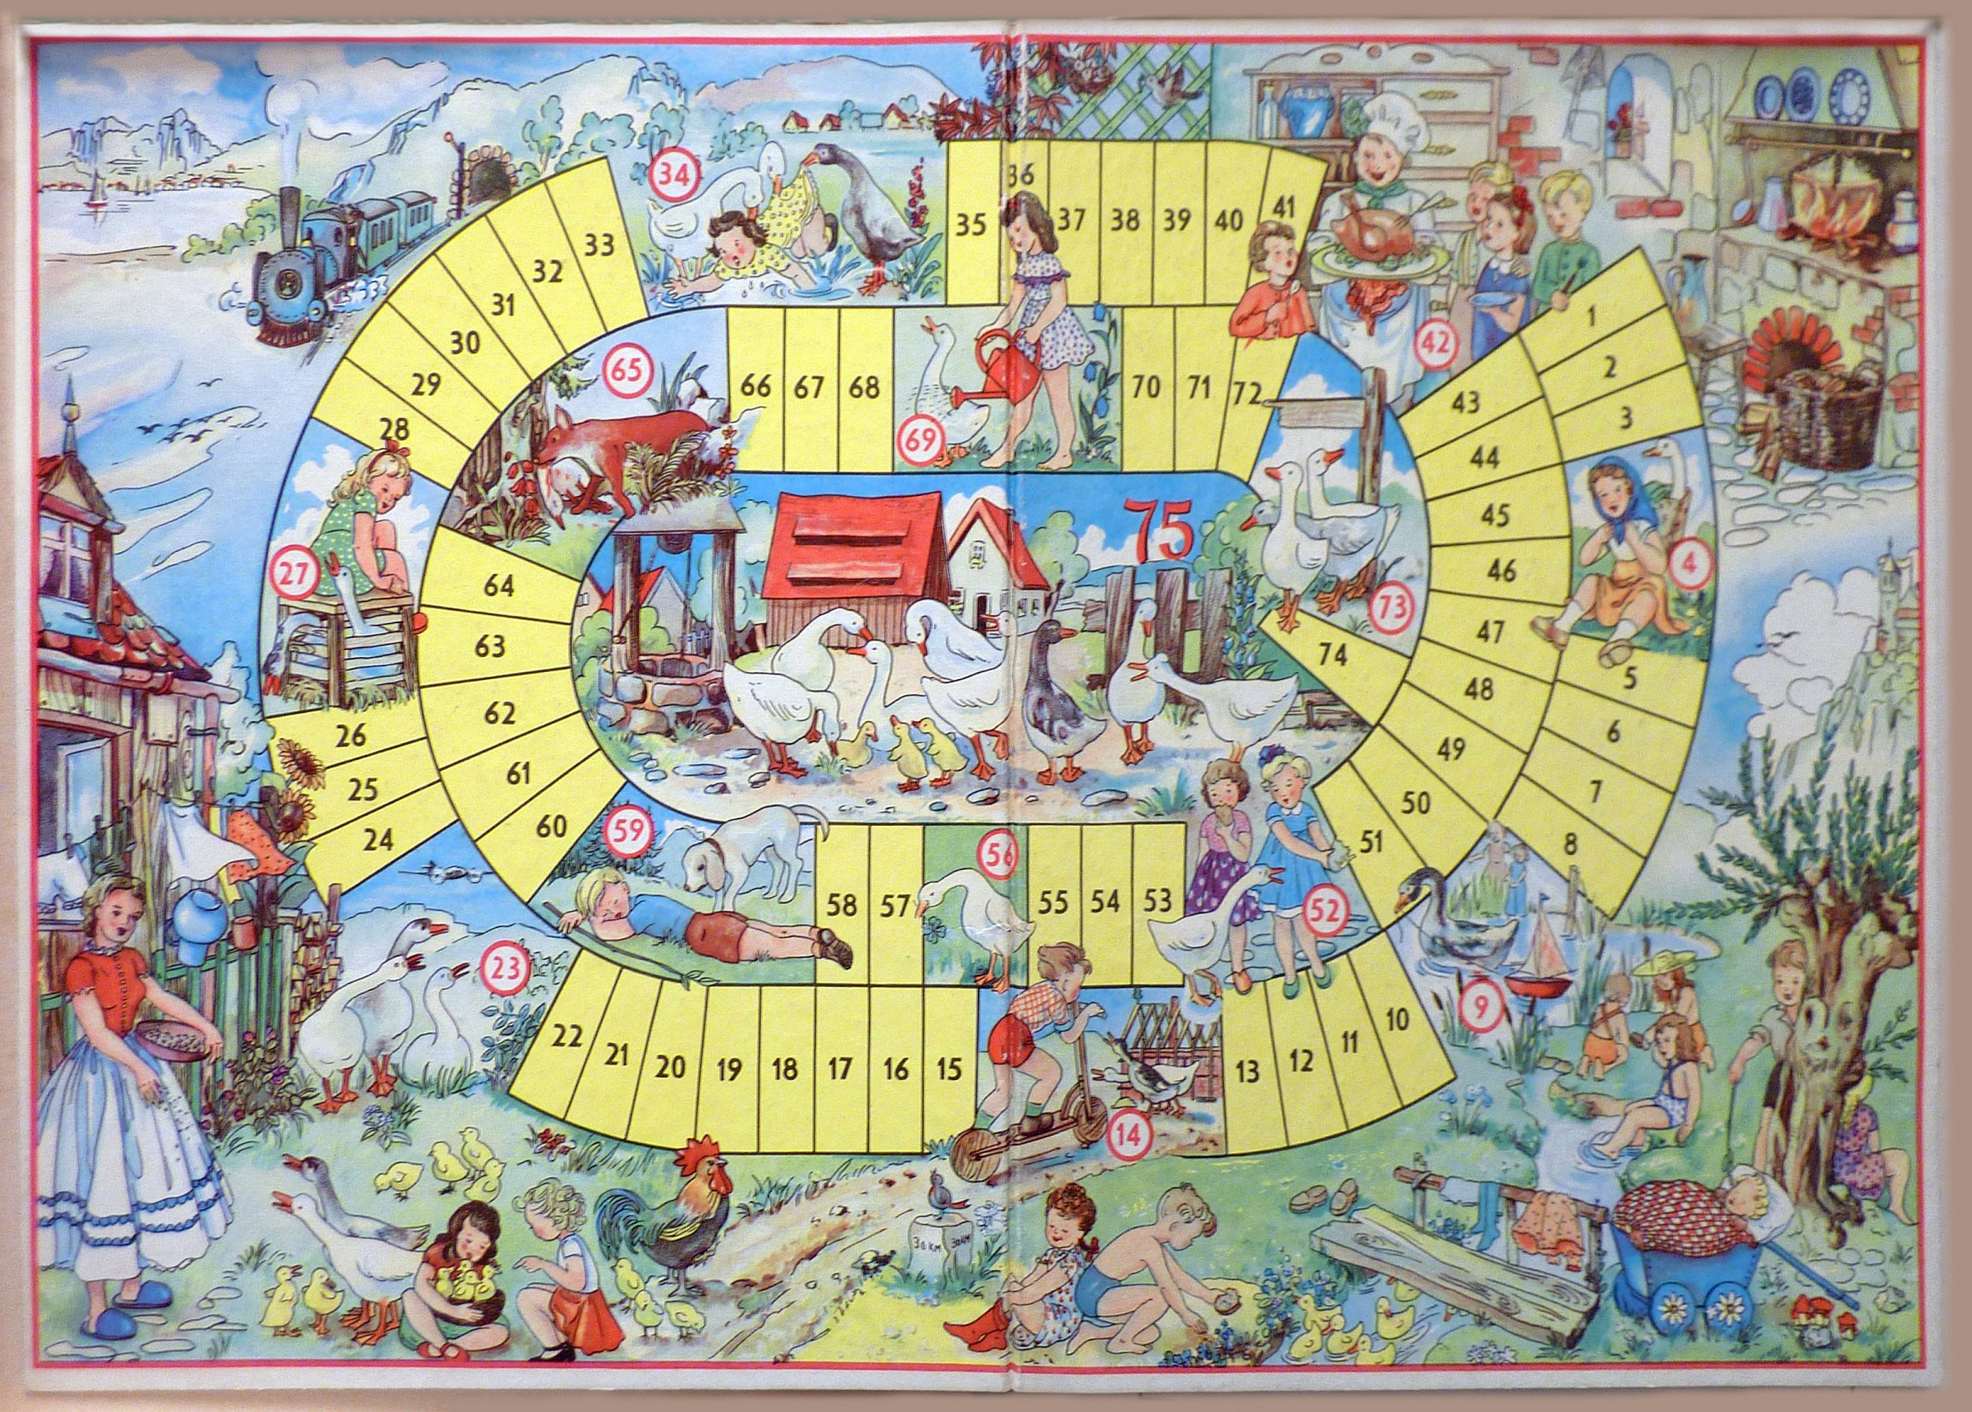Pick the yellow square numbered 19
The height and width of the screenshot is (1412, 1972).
click(x=730, y=1069)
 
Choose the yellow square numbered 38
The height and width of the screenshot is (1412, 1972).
click(x=1125, y=219)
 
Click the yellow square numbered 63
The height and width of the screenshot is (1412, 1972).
click(x=491, y=647)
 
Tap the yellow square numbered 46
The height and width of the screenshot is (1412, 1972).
click(x=1502, y=570)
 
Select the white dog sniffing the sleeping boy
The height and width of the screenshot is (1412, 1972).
click(x=748, y=857)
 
